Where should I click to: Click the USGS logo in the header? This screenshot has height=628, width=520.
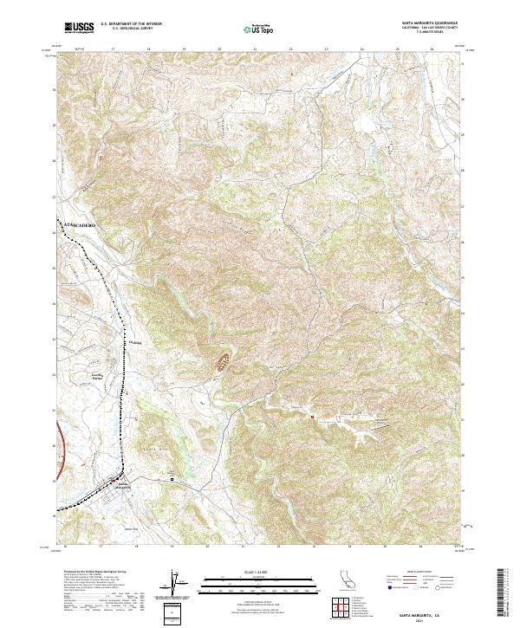79,27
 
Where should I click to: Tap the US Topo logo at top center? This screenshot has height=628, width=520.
257,29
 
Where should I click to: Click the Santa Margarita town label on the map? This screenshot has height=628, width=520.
125,485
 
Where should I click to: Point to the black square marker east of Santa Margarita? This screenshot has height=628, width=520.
172,478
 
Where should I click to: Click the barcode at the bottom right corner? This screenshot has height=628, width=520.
500,594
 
